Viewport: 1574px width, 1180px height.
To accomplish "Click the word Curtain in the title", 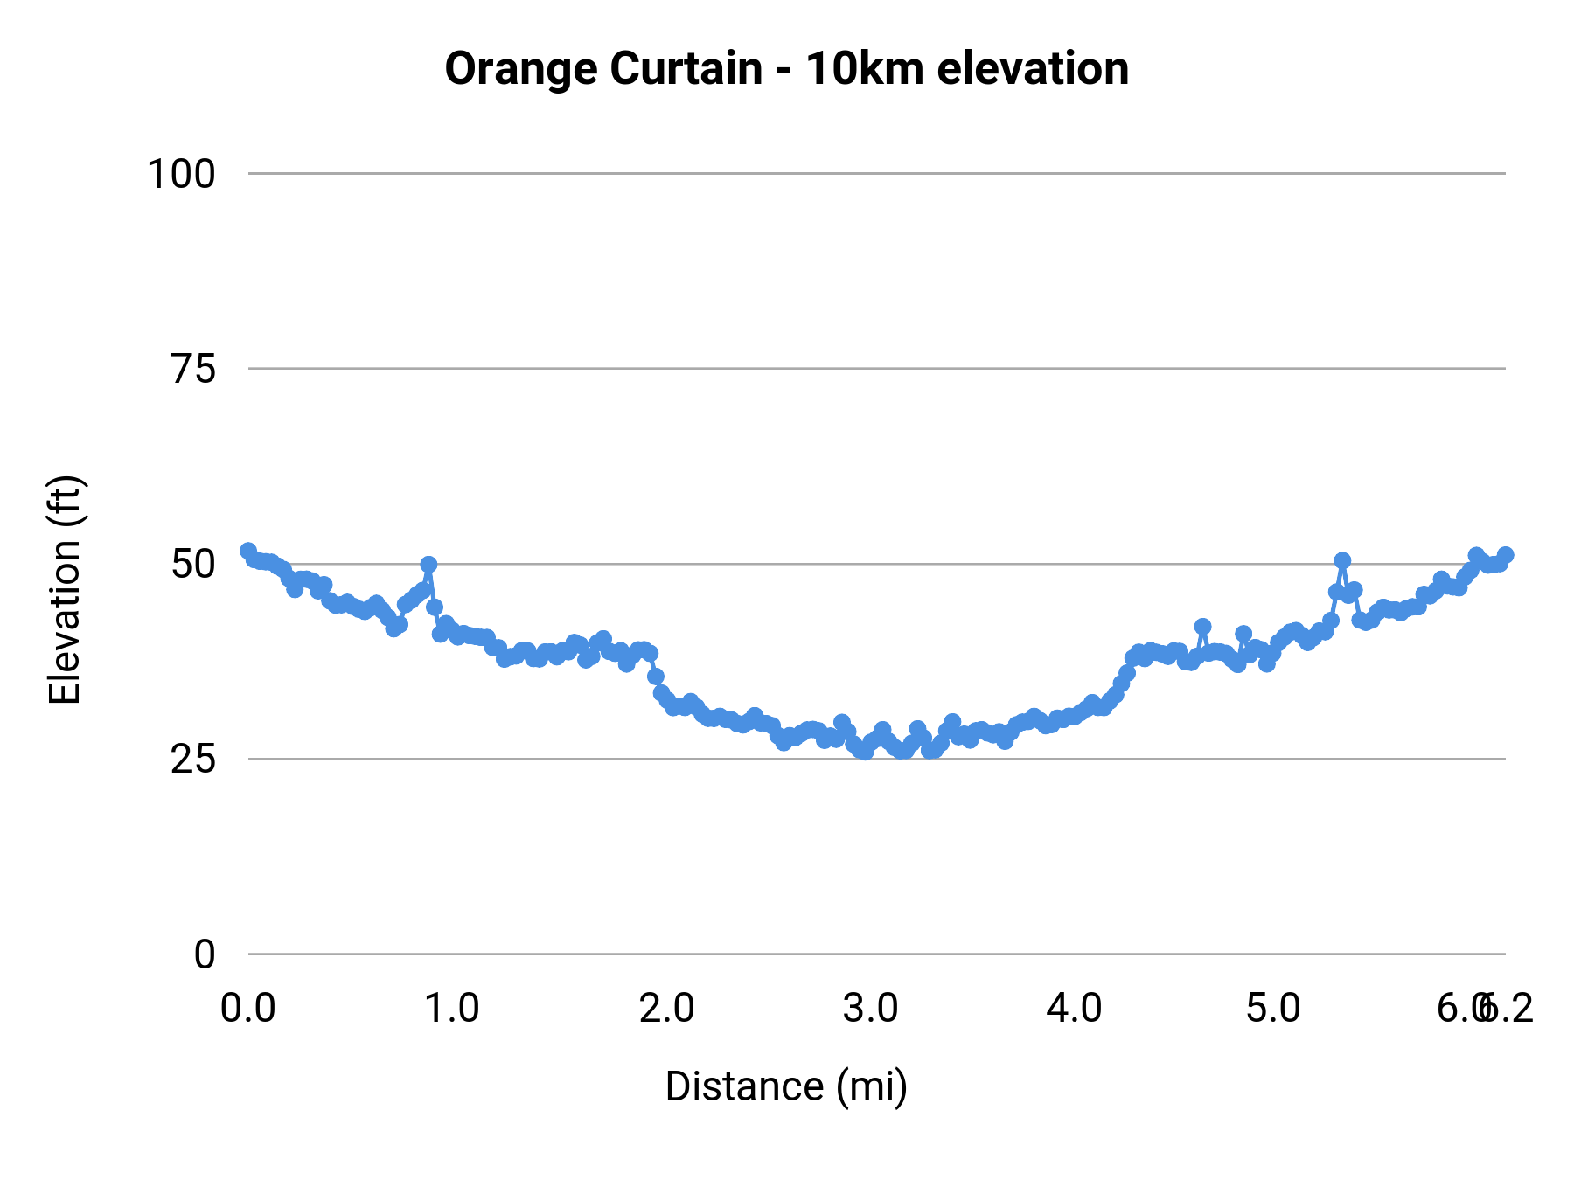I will pos(686,69).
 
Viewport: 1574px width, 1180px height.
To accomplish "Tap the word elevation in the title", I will pos(1033,69).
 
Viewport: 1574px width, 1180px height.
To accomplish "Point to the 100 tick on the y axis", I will pos(180,174).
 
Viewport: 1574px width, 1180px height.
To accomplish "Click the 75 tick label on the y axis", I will pos(193,369).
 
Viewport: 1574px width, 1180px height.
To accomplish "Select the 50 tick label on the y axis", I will pos(193,565).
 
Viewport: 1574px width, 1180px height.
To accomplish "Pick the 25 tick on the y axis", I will pos(193,760).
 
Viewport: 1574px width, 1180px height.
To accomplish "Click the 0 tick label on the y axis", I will pos(204,954).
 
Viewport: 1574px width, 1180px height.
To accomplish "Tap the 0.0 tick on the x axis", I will pos(248,1009).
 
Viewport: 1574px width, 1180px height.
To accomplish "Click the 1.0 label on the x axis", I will pos(452,1009).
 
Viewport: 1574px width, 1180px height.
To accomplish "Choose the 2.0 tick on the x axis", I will pos(666,1009).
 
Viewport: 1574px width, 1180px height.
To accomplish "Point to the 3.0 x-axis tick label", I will pos(871,1009).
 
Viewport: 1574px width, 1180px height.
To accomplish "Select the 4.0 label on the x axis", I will pos(1075,1009).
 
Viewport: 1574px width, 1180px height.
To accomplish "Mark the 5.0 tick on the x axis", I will pos(1273,1009).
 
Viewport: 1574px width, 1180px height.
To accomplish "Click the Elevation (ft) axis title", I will pos(65,590).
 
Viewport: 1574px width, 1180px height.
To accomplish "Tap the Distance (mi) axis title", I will pos(786,1086).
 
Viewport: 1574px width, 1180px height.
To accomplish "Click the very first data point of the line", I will pos(248,551).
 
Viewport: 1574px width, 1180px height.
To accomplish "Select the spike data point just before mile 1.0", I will pos(428,565).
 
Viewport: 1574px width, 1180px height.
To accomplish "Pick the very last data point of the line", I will pos(1505,555).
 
